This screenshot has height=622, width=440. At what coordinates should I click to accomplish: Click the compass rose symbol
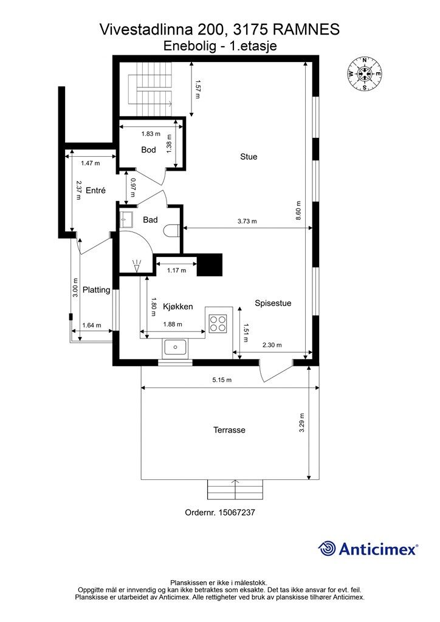364,73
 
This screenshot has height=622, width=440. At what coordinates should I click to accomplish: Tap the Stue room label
249,157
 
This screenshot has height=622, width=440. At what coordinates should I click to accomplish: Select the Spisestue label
273,303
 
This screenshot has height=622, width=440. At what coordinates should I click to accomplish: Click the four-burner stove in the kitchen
218,323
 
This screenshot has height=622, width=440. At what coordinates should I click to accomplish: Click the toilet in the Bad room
173,230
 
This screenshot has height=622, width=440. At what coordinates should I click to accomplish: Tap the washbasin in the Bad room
126,218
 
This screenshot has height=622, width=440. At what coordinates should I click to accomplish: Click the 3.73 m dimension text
247,221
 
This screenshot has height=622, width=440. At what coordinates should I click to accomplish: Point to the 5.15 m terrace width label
222,380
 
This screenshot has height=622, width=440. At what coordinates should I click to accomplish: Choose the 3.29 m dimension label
302,423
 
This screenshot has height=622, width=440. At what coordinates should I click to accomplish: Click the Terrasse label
229,430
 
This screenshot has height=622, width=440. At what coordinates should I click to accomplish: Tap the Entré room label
95,190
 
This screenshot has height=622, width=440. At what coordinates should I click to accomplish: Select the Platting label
97,290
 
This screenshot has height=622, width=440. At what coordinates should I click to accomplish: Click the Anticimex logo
368,549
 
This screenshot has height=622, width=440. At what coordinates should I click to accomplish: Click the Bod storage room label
148,149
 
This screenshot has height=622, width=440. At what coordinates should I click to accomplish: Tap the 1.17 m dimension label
176,270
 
